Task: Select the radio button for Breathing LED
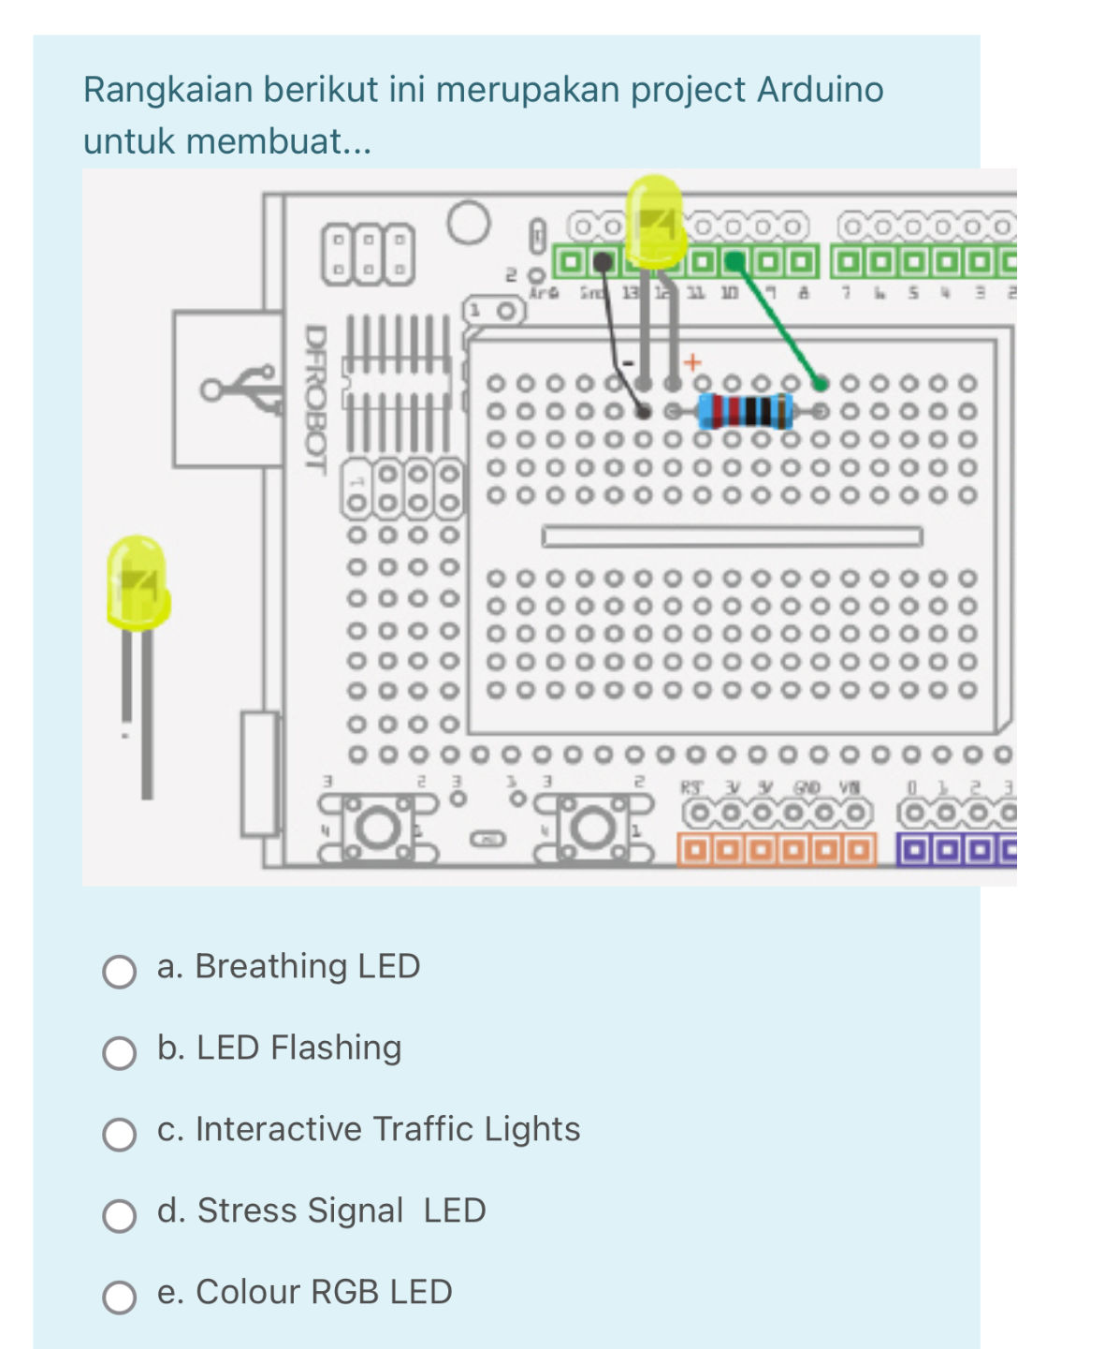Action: coord(119,972)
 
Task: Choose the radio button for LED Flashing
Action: coord(119,1053)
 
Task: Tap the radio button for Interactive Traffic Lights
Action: coord(119,1135)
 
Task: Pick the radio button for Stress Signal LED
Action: coord(119,1216)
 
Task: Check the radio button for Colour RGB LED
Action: coord(119,1298)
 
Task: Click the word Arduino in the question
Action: coord(820,90)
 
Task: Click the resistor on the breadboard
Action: coord(745,411)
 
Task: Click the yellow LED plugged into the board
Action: coord(654,220)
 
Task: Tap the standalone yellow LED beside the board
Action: coord(138,582)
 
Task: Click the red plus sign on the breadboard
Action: coord(692,362)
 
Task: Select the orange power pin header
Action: coord(776,850)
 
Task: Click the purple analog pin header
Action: coord(955,851)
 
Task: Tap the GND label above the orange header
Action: coord(807,788)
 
